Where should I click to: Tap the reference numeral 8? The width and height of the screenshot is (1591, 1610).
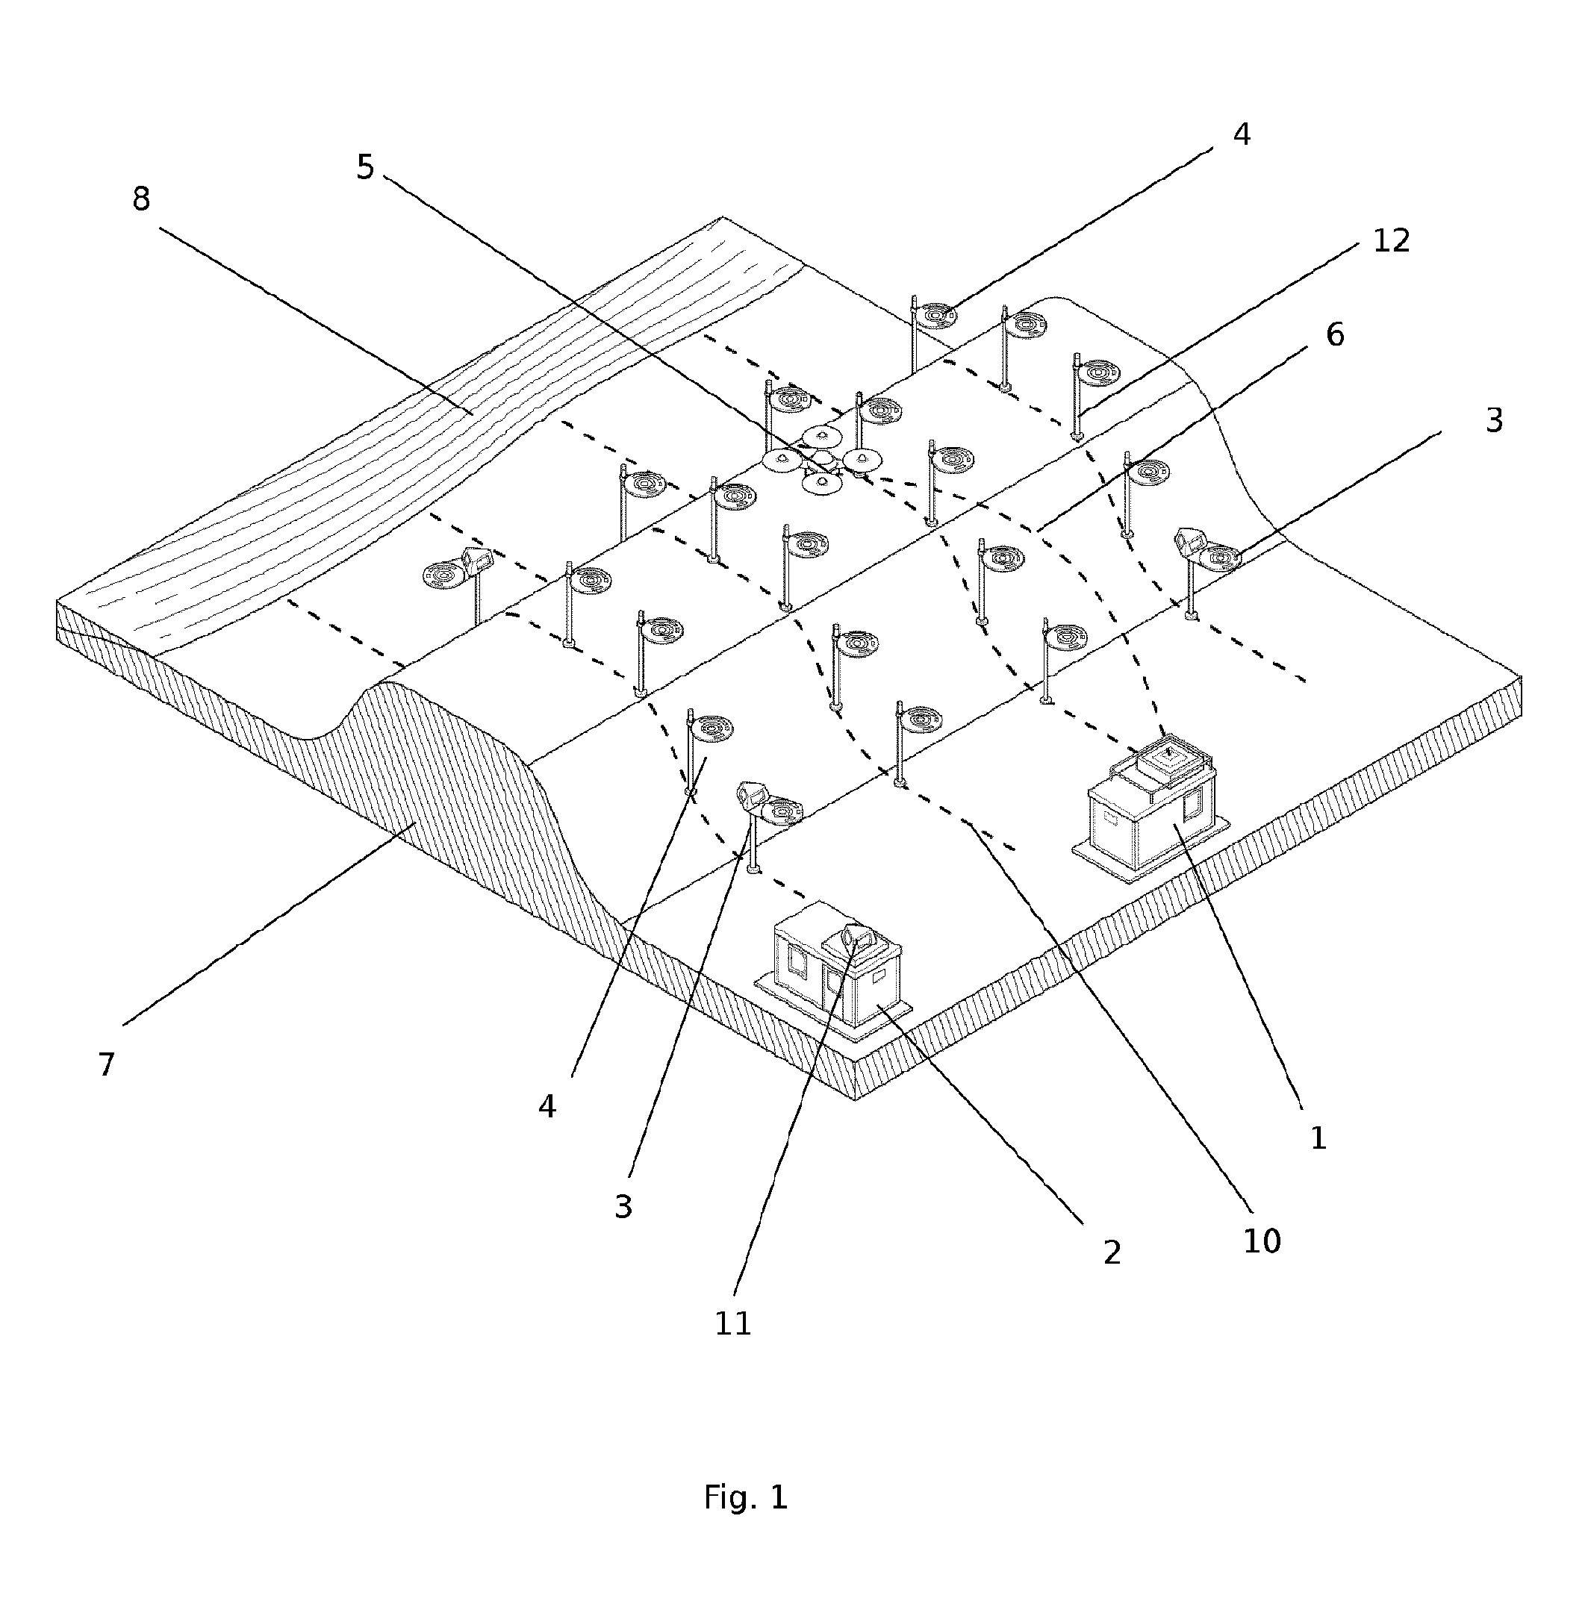coord(141,199)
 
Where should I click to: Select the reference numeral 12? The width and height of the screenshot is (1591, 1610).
coord(1390,241)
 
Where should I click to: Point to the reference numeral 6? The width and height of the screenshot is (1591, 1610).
coord(1334,335)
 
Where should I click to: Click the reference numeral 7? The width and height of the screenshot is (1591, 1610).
coord(106,1064)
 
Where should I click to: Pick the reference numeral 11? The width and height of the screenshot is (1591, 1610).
coord(733,1323)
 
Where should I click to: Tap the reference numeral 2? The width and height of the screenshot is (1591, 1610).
coord(1112,1252)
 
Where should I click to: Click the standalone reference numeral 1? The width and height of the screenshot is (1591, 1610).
coord(1318,1138)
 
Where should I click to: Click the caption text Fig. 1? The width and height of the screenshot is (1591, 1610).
coord(746,1497)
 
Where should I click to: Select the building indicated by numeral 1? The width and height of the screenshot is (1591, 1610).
coord(1149,806)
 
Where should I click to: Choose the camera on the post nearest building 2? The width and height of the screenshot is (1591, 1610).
coord(753,794)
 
